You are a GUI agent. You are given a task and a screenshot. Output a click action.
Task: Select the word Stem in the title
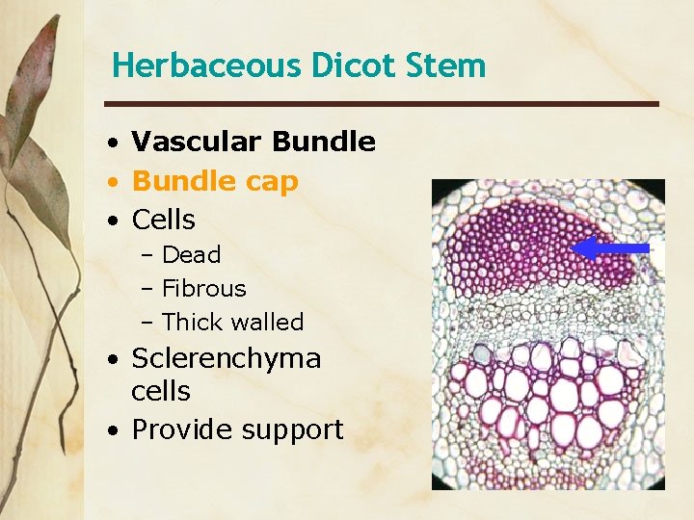tap(448, 66)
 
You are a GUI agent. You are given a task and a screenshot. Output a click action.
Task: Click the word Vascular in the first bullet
tap(197, 143)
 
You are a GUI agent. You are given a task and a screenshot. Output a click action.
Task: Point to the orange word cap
tap(273, 182)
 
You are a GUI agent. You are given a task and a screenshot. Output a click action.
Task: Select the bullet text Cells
tap(163, 221)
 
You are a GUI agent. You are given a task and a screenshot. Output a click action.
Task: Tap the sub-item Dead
tap(191, 255)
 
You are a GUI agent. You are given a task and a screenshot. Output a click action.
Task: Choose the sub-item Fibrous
tap(203, 289)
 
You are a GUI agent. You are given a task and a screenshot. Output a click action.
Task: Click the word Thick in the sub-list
tap(194, 323)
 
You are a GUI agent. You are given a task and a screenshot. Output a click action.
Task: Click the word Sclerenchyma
tap(226, 359)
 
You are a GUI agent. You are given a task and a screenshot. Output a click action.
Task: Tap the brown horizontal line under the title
tap(381, 104)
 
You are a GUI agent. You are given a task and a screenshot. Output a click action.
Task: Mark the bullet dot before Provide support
tap(114, 430)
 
